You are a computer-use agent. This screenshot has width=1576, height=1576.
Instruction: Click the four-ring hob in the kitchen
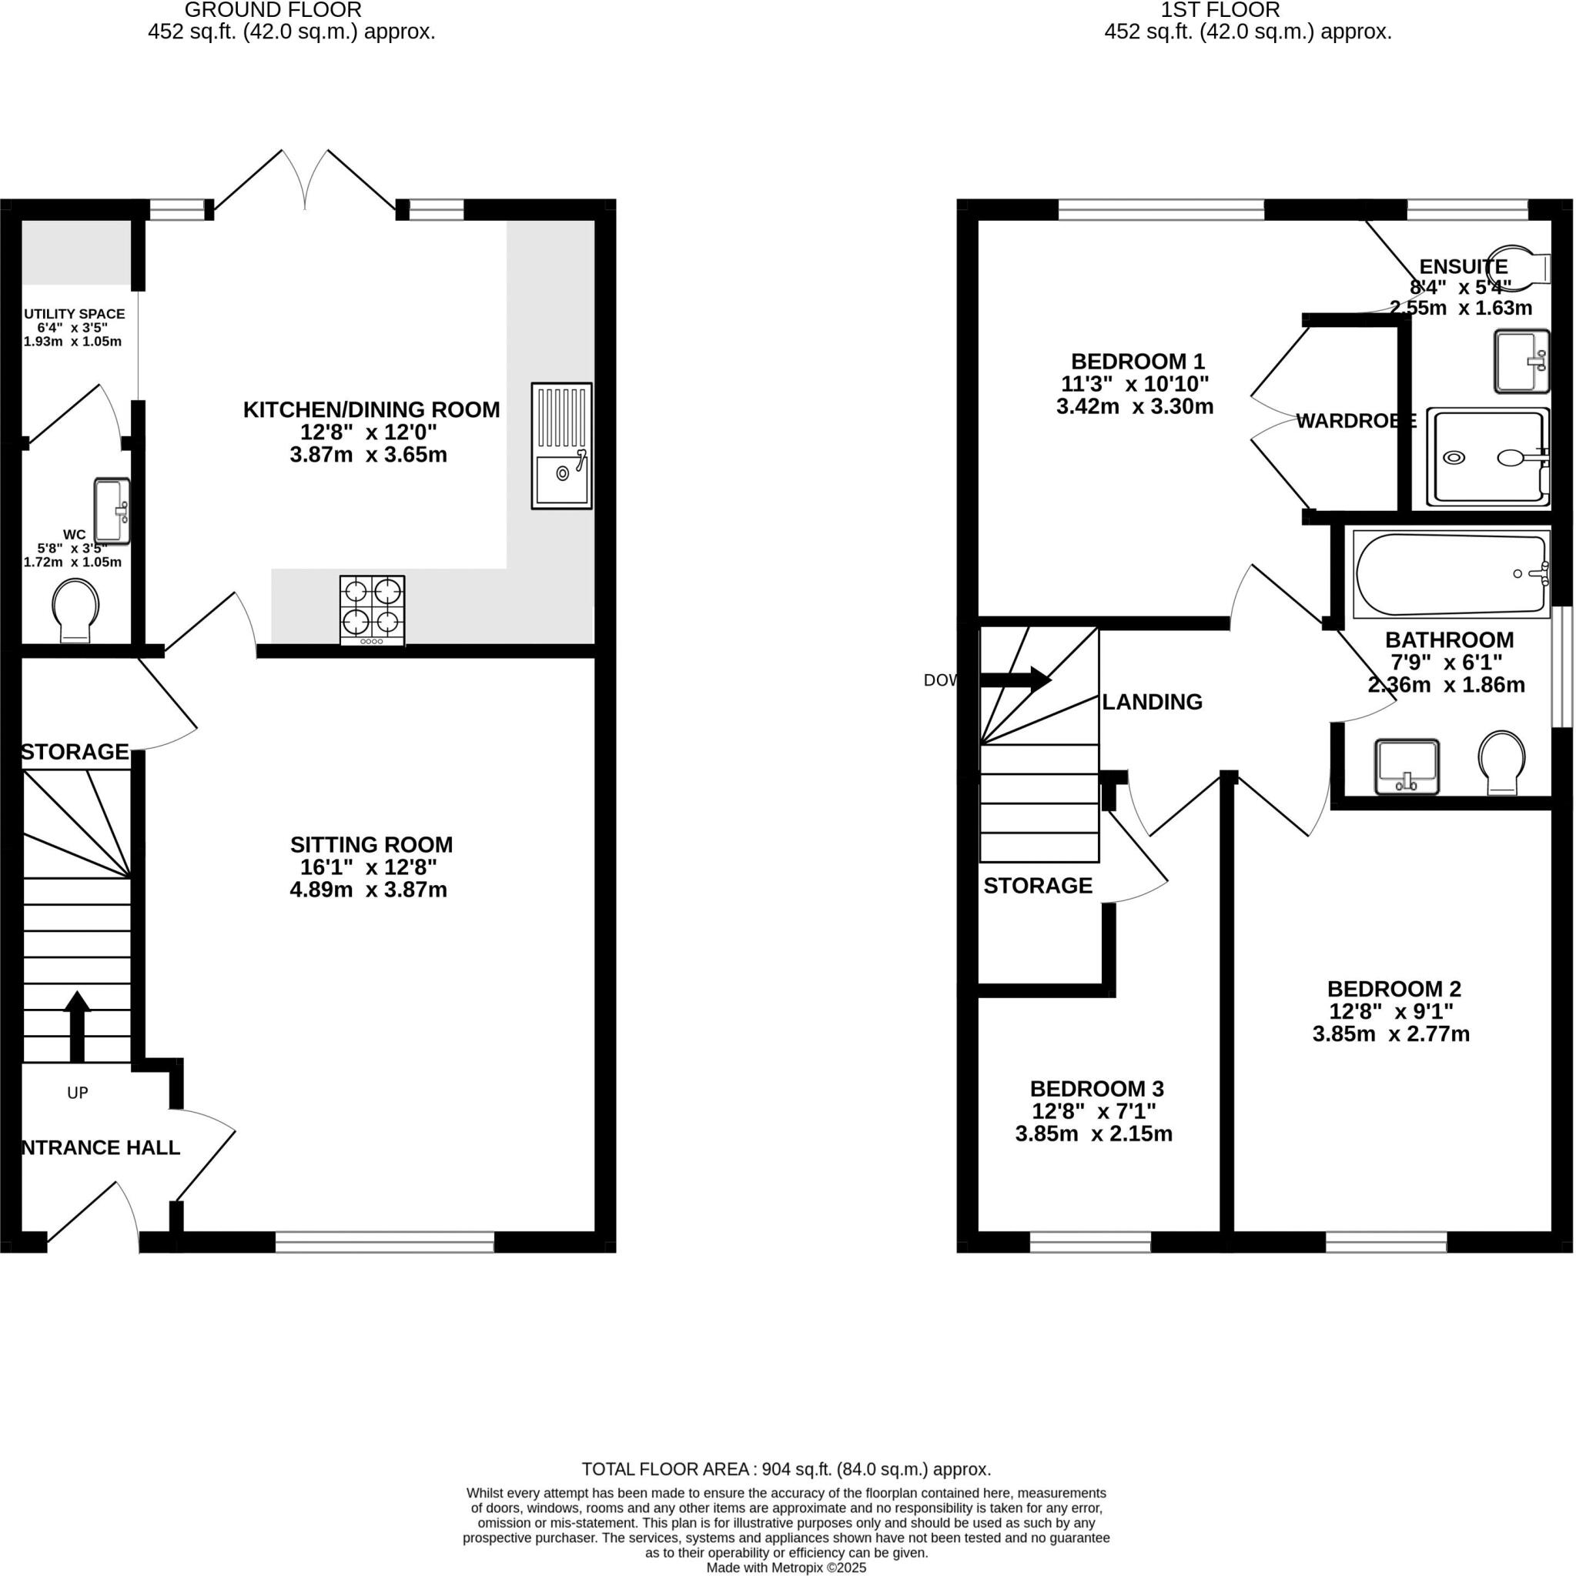click(372, 611)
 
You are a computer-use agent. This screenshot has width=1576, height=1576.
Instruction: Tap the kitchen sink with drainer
click(561, 446)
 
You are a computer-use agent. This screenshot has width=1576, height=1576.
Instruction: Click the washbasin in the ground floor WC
click(112, 511)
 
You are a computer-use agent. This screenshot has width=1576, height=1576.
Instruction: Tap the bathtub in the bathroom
click(1451, 574)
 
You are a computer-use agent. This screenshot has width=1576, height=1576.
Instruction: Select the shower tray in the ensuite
click(1487, 458)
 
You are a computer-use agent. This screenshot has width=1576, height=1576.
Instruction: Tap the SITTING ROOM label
click(371, 844)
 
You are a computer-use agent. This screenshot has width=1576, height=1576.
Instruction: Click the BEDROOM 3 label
click(1096, 1088)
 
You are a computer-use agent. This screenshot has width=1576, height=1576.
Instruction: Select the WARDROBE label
click(1355, 421)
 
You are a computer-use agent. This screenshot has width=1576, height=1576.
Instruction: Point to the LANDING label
click(1152, 702)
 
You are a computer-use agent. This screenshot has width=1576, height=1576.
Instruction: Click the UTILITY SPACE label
click(74, 313)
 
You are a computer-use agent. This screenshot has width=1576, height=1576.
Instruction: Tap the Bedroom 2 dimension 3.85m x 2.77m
click(1390, 1034)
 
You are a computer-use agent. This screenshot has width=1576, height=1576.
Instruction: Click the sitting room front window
click(384, 1241)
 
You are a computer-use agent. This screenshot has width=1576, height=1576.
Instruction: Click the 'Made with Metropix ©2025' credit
click(786, 1567)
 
